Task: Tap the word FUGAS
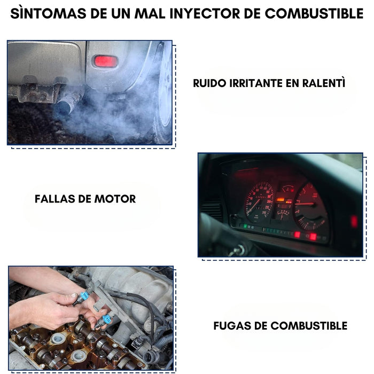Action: pos(233,326)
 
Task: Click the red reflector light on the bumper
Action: pos(105,61)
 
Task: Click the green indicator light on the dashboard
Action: pos(245,226)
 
